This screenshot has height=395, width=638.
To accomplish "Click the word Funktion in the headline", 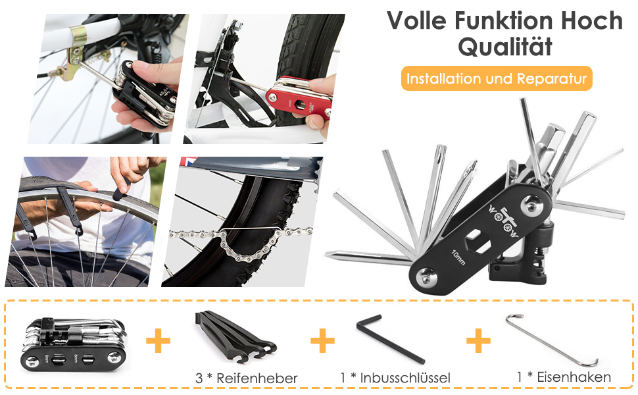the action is click(504, 20).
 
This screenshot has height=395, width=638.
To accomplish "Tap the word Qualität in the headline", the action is click(505, 47).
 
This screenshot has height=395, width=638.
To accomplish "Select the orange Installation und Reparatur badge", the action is click(497, 78).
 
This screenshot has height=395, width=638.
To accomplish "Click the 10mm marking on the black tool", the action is click(458, 257).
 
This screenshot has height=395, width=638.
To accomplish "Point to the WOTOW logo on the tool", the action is click(503, 223).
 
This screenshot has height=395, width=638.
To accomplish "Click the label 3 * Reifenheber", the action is click(247, 379).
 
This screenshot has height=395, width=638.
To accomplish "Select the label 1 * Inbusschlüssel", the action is click(395, 378).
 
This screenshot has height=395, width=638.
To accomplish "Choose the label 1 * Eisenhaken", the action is click(564, 377).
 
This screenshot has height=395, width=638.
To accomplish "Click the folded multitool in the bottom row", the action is click(73, 343).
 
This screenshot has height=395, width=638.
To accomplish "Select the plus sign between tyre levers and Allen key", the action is click(322, 340).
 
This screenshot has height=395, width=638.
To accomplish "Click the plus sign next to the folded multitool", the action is click(158, 340).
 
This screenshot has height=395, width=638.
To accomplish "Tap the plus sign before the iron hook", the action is click(478, 340).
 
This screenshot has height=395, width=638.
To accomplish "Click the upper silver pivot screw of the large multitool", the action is click(532, 205).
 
